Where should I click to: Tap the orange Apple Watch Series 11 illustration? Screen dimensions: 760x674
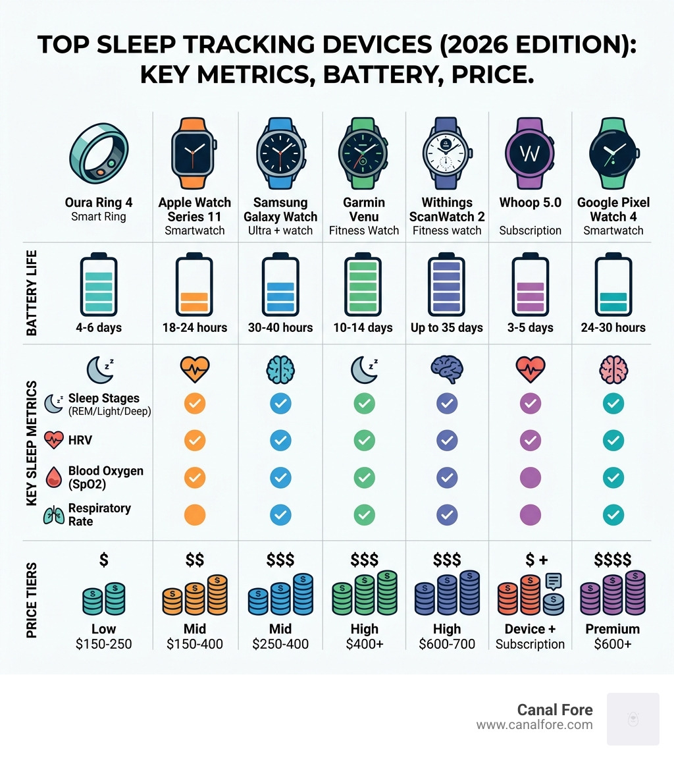[195, 151]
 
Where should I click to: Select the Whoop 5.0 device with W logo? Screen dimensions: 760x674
[530, 152]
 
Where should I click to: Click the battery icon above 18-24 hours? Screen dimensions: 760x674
[195, 285]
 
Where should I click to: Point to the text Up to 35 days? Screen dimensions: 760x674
[447, 327]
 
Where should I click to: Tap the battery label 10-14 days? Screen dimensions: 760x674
[364, 327]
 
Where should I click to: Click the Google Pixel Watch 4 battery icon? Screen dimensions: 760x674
[613, 285]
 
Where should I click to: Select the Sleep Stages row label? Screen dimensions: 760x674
[103, 398]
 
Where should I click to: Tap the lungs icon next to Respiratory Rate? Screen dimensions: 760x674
[53, 515]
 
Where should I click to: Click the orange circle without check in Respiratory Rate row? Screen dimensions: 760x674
[195, 514]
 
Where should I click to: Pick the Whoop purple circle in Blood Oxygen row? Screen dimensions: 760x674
[530, 477]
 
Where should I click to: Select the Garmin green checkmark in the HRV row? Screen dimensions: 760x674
[364, 440]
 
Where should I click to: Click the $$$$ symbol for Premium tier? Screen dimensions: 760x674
[612, 560]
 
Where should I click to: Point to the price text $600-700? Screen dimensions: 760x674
[447, 644]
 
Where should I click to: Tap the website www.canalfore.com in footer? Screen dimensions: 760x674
[534, 725]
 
